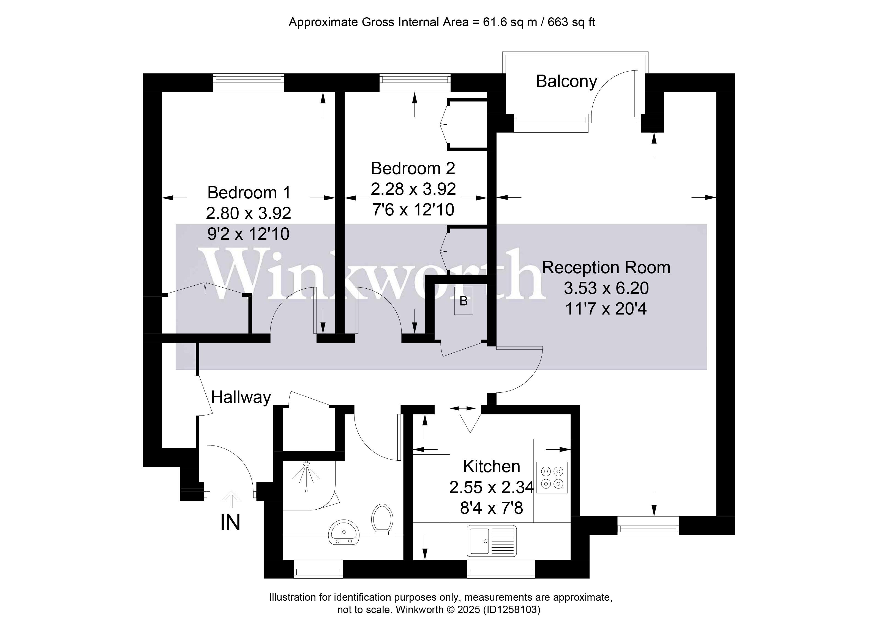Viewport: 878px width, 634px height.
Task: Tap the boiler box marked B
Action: coord(463,301)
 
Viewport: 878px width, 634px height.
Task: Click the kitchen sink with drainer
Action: coord(492,540)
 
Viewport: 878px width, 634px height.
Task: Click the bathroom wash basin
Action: coord(344,532)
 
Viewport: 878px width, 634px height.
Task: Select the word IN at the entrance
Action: coord(230,523)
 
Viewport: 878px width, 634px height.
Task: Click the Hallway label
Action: coord(241,398)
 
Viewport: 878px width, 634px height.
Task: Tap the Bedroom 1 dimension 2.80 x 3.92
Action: coord(248,213)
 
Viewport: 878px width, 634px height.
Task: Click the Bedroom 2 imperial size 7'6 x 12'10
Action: coord(413,210)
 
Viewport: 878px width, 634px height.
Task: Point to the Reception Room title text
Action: coord(606,268)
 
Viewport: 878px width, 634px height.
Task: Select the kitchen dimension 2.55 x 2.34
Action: coord(491,487)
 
